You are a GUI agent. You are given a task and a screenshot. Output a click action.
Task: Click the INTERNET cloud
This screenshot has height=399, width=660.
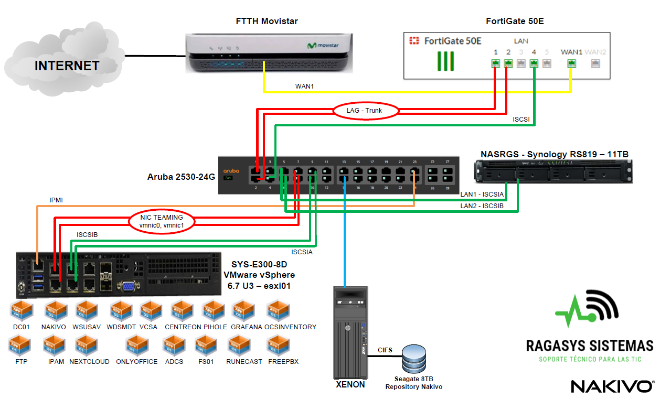pos(67,63)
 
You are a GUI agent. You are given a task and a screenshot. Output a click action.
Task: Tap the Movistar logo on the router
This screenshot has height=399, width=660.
pos(323,46)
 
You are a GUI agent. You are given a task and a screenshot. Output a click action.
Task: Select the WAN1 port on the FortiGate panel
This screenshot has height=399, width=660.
pos(571,63)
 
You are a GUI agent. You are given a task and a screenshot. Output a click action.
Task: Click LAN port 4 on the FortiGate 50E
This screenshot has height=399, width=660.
pos(534,63)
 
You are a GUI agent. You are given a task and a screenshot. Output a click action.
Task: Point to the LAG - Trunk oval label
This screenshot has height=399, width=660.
pos(365,111)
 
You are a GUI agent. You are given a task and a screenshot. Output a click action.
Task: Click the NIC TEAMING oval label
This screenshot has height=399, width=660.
pos(161,221)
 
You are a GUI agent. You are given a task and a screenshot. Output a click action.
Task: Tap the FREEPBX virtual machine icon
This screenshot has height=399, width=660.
pos(278,346)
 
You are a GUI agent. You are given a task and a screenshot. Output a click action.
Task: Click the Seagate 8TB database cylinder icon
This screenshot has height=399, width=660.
pos(414,359)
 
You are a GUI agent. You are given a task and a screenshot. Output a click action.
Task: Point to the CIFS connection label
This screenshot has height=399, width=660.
pos(385,350)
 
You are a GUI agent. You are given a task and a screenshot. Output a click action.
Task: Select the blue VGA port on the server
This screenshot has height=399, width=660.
pos(128,286)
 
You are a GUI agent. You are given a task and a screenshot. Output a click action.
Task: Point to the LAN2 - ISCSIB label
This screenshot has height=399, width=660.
pos(482,206)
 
